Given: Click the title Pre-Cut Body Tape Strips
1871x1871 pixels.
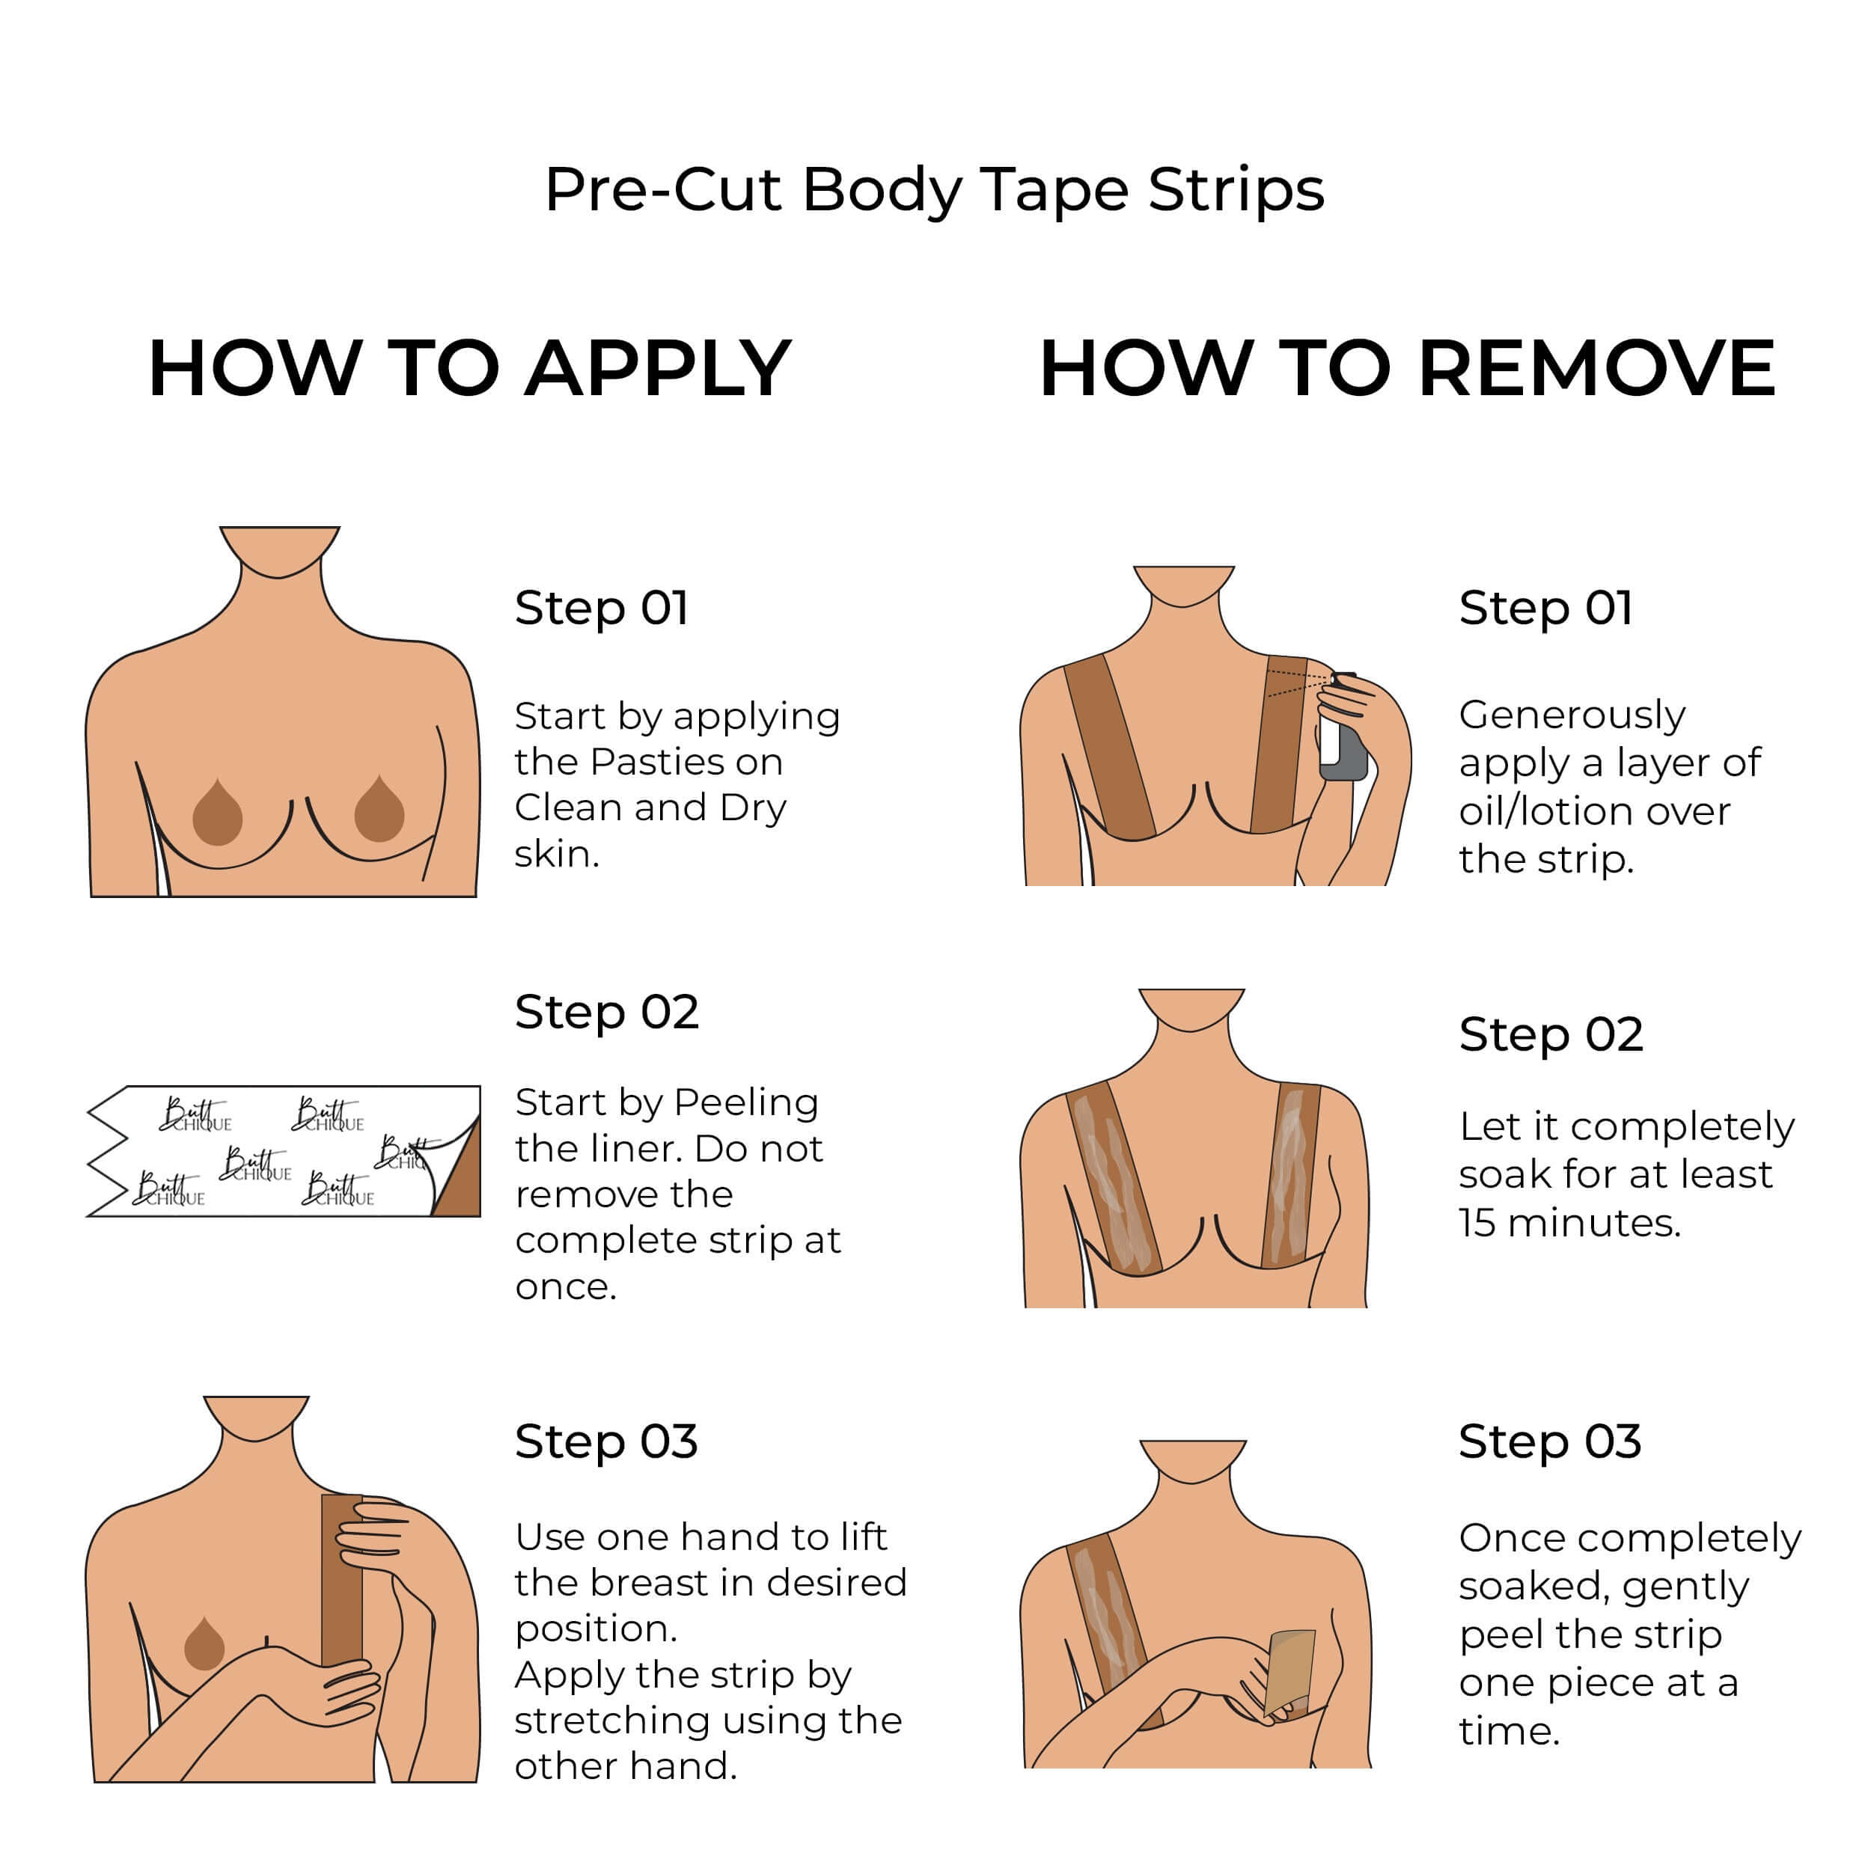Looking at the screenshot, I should pyautogui.click(x=935, y=190).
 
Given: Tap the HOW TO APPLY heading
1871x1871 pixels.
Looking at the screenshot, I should pyautogui.click(x=470, y=369).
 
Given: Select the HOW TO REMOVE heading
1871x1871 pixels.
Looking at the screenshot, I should pyautogui.click(x=1406, y=369).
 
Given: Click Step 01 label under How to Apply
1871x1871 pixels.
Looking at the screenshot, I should pyautogui.click(x=602, y=608).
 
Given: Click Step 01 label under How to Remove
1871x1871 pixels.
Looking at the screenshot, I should pyautogui.click(x=1545, y=608).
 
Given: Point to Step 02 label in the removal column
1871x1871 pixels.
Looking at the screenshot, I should pyautogui.click(x=1551, y=1034).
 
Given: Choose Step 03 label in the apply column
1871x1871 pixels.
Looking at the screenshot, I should pyautogui.click(x=606, y=1441).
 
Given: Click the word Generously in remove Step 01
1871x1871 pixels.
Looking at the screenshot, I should pyautogui.click(x=1572, y=715).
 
